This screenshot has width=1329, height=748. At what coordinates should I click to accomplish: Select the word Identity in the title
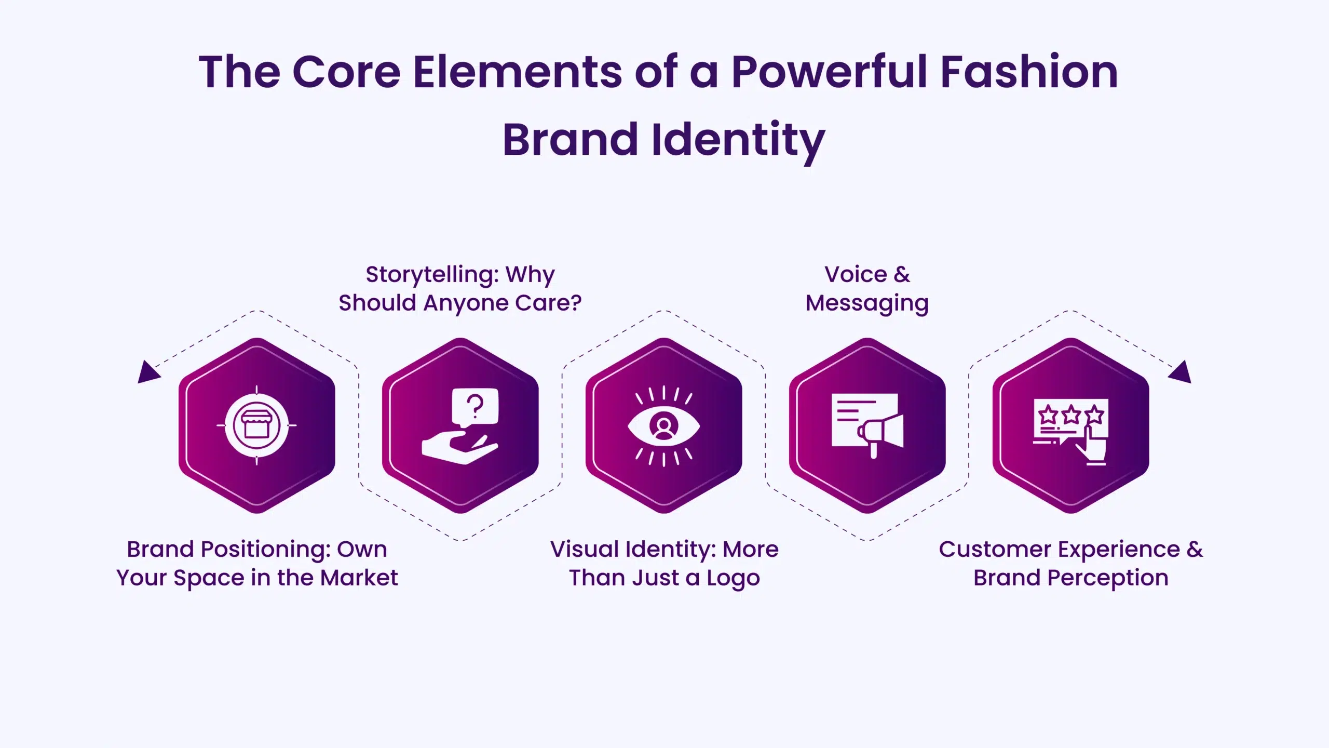738,140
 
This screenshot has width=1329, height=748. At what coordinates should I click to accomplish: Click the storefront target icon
256,425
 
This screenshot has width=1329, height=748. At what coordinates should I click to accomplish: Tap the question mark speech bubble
475,407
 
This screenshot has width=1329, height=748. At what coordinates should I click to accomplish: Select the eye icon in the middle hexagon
663,426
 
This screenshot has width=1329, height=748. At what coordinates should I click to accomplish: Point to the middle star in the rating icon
1070,415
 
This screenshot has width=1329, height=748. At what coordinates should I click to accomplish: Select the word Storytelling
432,275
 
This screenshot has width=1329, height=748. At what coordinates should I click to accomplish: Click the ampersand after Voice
902,275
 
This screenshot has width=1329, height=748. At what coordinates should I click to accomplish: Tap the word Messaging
867,303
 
